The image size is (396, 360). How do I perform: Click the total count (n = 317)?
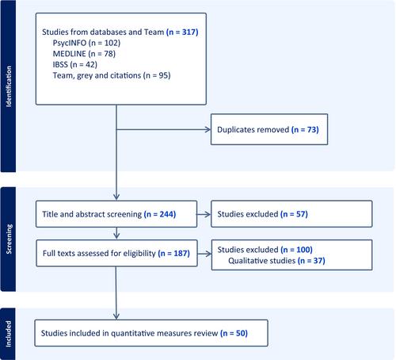[x=182, y=32]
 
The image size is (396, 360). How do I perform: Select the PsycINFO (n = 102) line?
[x=86, y=43]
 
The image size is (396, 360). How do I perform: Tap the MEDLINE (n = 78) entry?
[x=84, y=54]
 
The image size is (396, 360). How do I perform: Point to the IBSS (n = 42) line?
[x=75, y=64]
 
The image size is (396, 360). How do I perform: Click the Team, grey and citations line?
[x=112, y=75]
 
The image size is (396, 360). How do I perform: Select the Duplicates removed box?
[x=269, y=129]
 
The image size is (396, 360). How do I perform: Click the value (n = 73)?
[x=305, y=129]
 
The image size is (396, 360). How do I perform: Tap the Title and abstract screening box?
[x=116, y=214]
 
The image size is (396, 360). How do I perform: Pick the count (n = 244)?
[x=160, y=214]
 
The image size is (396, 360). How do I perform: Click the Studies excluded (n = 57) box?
[x=291, y=214]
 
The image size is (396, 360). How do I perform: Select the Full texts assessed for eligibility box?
[x=116, y=253]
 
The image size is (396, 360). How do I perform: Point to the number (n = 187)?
[x=174, y=253]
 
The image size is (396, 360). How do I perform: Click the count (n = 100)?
[x=297, y=250]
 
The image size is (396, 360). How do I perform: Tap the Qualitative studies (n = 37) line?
[x=276, y=261]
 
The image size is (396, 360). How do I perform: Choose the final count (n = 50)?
[x=234, y=333]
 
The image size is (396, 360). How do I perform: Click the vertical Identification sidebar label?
[x=9, y=86]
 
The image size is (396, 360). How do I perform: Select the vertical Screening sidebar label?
[x=9, y=239]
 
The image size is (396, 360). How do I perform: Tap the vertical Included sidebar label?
[x=9, y=334]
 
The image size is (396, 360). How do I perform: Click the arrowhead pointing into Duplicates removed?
[x=208, y=129]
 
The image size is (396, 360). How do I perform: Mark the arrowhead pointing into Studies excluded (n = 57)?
[x=208, y=214]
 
